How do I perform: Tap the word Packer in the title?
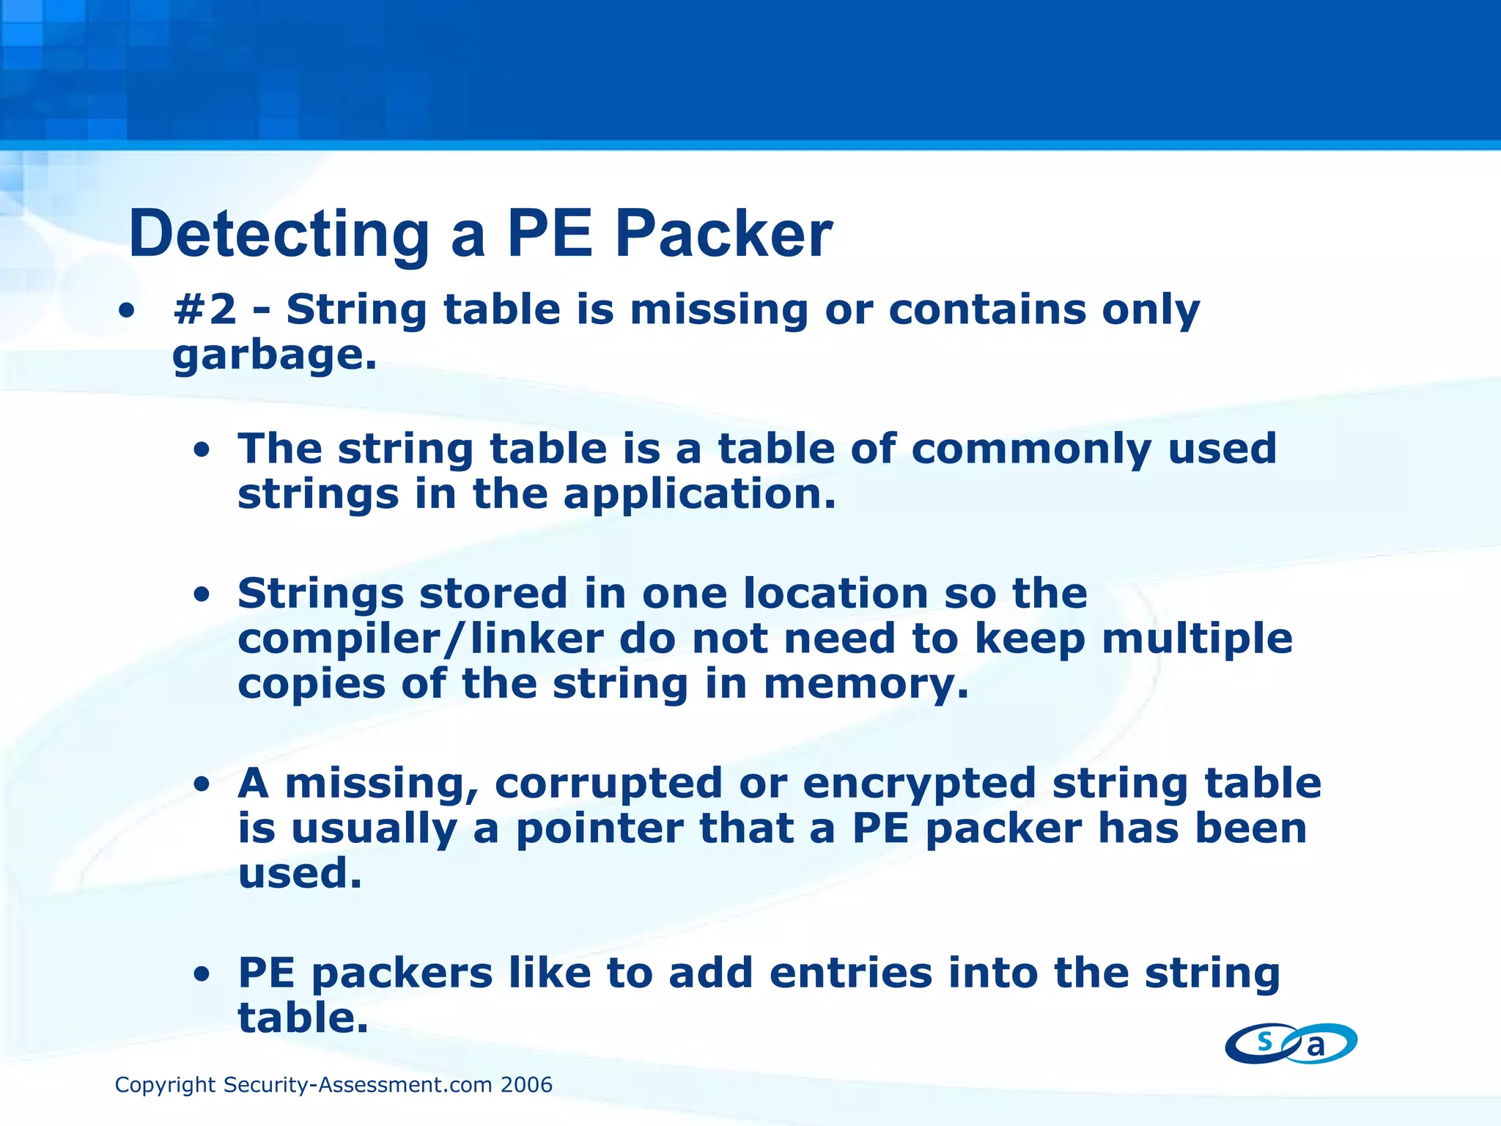point(723,235)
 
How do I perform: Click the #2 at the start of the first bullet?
point(204,309)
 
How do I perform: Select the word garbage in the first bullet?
point(274,356)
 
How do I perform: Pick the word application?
point(700,494)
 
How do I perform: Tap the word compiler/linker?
point(420,639)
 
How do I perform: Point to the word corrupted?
point(608,783)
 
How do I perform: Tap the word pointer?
point(600,828)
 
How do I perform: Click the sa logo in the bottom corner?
point(1291,1043)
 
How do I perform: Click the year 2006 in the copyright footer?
point(526,1085)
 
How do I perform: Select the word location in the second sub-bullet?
point(836,593)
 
